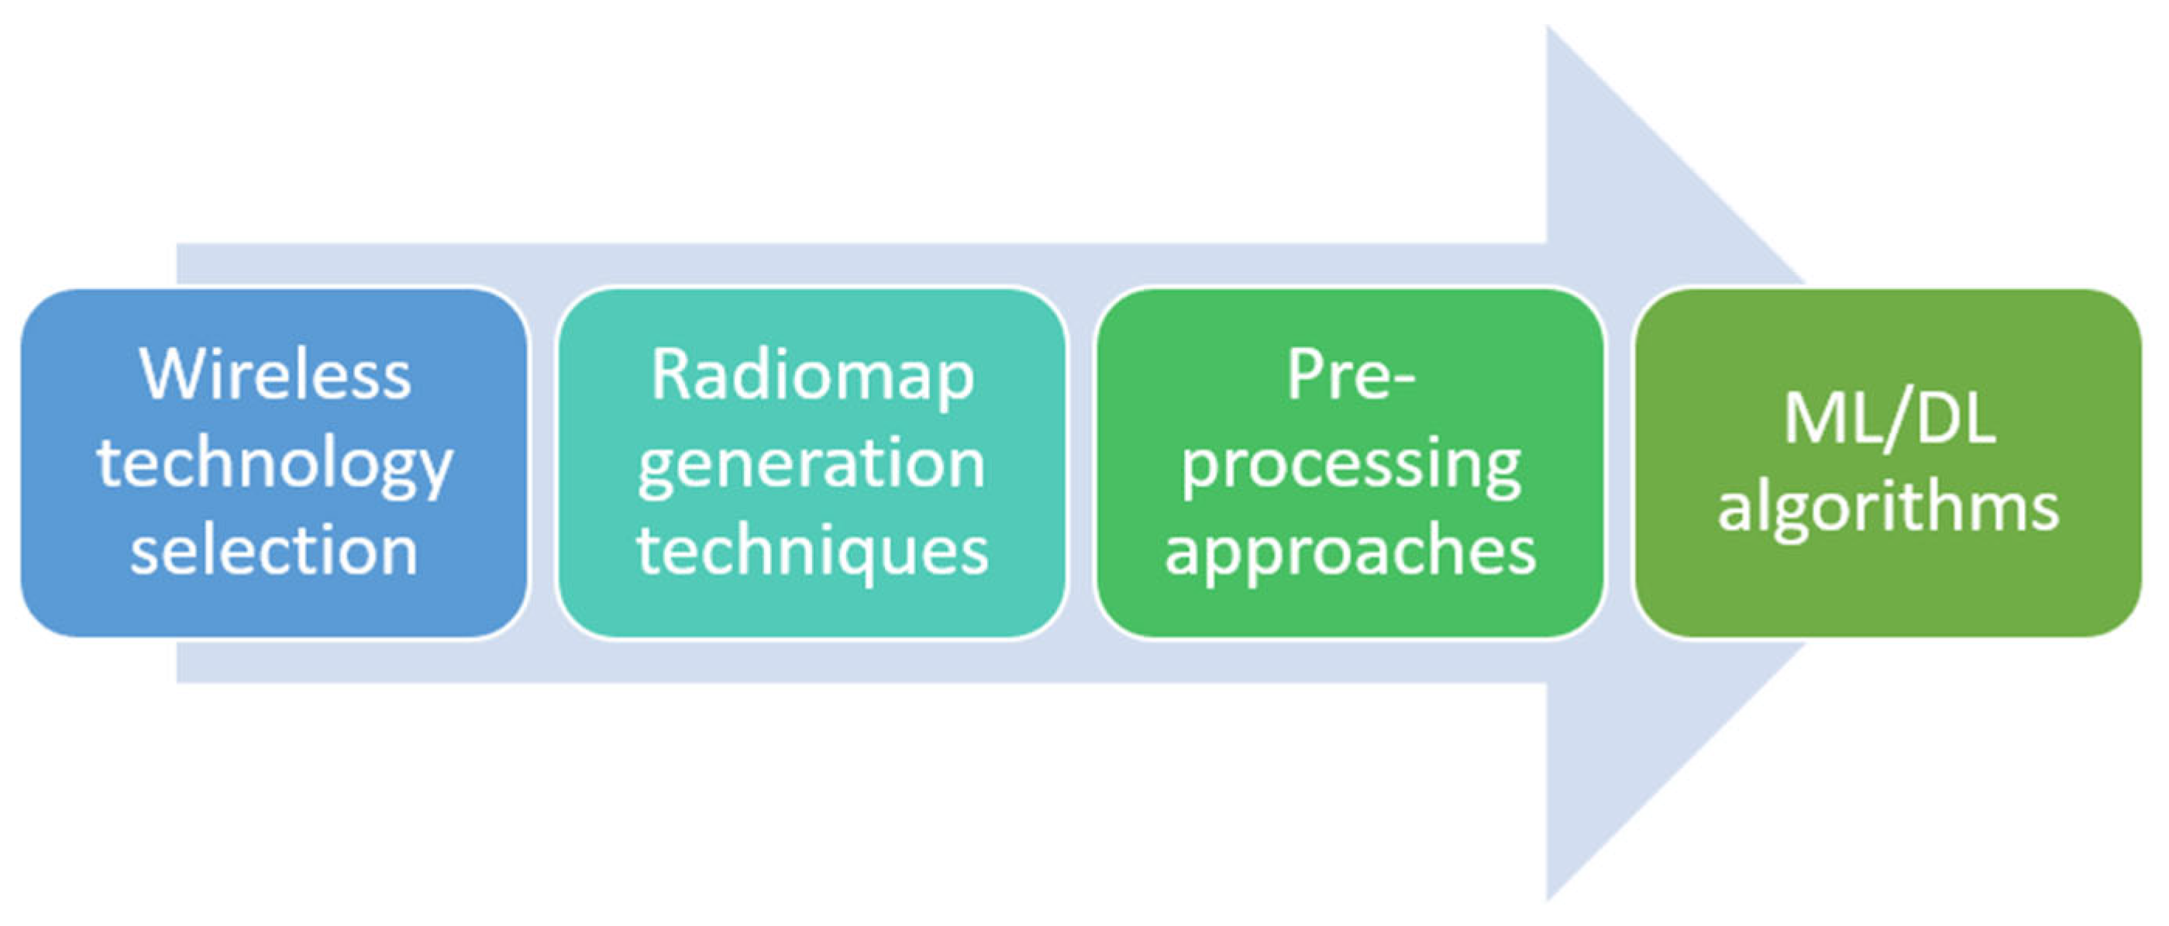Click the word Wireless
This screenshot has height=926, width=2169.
[x=274, y=374]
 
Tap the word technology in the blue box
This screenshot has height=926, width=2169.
[x=274, y=466]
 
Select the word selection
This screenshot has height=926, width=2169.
[x=274, y=552]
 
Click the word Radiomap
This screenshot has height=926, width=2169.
[x=813, y=374]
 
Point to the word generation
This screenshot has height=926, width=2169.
[x=811, y=466]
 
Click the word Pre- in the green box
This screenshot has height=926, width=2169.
[x=1351, y=374]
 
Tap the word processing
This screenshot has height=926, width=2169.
[x=1351, y=466]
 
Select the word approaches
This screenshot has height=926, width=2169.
[x=1351, y=552]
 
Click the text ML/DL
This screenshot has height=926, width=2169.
[x=1889, y=418]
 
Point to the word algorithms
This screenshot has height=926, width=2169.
[x=1888, y=508]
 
